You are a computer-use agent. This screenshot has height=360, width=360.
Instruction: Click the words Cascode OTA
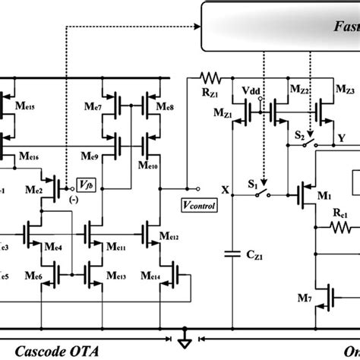(44, 351)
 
